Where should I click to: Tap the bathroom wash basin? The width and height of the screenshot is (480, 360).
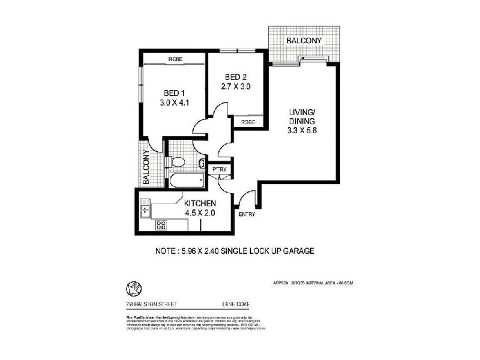(202, 163)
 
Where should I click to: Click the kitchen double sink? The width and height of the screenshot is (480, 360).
(145, 209)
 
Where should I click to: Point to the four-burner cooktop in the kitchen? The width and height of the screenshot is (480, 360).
(161, 225)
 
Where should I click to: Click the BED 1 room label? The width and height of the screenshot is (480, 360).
(175, 92)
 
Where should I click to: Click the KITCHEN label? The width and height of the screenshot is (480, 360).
(200, 203)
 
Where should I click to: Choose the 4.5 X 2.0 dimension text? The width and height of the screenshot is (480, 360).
(200, 212)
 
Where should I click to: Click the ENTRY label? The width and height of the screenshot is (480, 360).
(247, 214)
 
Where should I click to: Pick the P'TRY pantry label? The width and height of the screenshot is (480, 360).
(218, 170)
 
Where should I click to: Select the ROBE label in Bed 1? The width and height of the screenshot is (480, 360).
(175, 59)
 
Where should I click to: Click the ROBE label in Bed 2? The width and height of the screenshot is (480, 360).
(248, 122)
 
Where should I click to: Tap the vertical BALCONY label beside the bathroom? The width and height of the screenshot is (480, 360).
(146, 168)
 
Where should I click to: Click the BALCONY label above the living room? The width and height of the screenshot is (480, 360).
(304, 41)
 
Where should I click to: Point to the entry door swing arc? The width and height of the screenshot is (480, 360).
(242, 199)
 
